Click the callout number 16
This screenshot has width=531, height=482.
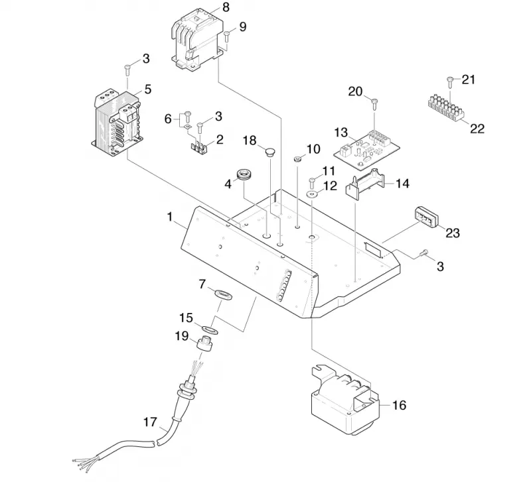(x=400, y=405)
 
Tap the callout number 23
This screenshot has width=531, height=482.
(x=453, y=233)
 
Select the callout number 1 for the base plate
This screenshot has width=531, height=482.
(x=170, y=217)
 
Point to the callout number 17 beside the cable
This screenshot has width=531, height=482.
(x=151, y=422)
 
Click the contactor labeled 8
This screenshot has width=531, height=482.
(x=196, y=40)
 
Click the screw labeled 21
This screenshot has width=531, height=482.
(x=450, y=82)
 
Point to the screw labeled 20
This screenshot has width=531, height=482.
(x=374, y=103)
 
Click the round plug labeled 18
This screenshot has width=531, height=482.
(x=269, y=151)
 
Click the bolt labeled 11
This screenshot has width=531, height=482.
(x=312, y=183)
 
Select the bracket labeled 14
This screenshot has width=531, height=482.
(x=365, y=183)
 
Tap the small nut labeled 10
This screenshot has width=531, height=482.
(x=298, y=158)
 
